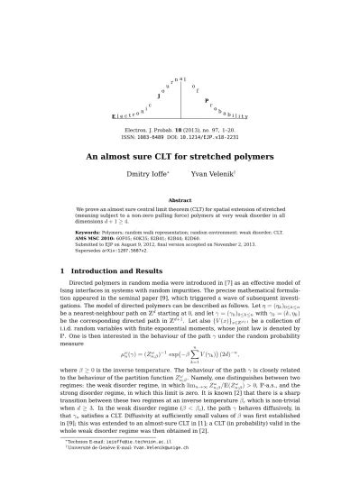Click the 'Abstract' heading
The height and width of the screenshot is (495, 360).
tap(180, 200)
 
